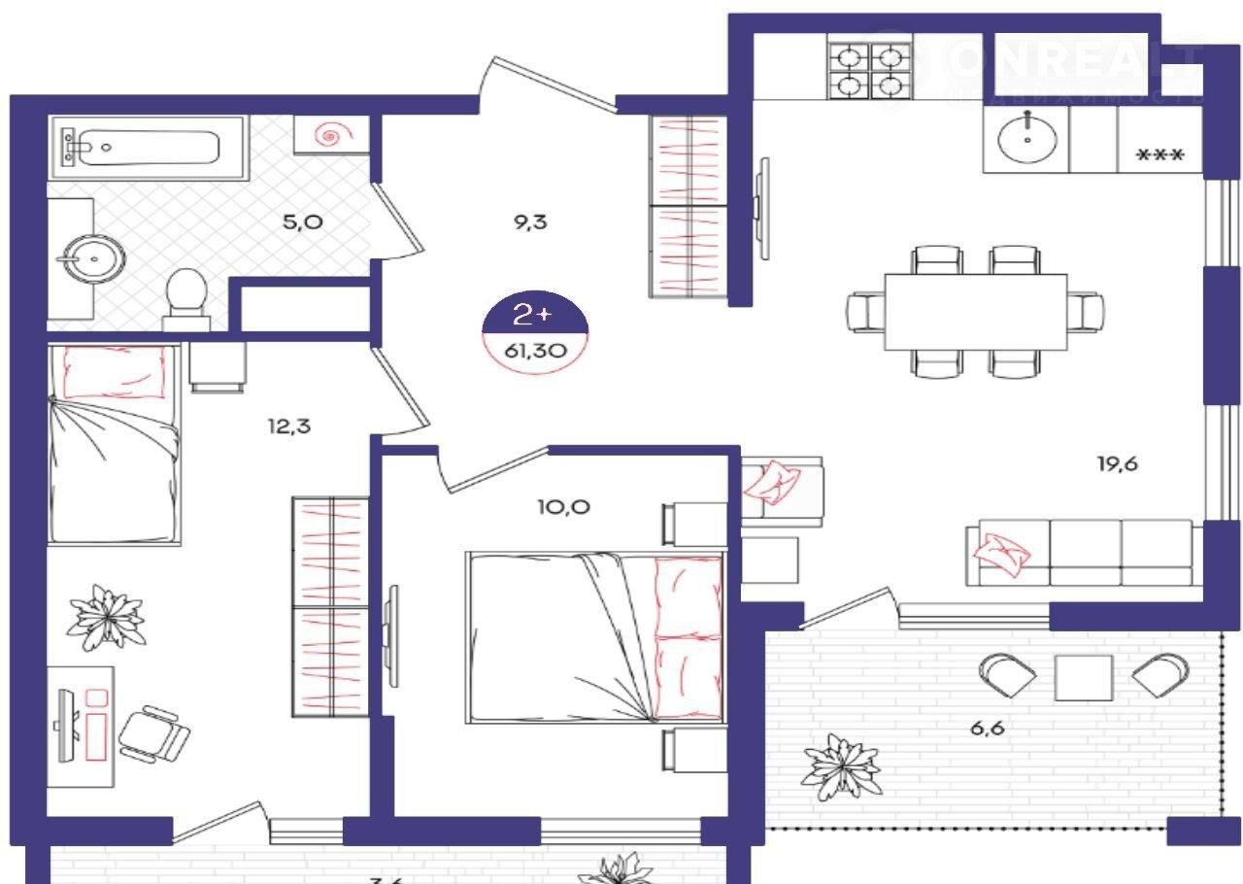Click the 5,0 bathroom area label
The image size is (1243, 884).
click(x=303, y=221)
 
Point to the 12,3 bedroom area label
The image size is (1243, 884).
click(x=290, y=425)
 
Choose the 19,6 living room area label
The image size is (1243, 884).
click(x=1117, y=463)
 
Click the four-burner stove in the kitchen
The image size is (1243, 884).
click(x=866, y=73)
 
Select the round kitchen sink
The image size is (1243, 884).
click(x=1026, y=139)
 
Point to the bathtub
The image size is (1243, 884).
click(x=137, y=147)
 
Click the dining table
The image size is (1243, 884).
click(x=975, y=312)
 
